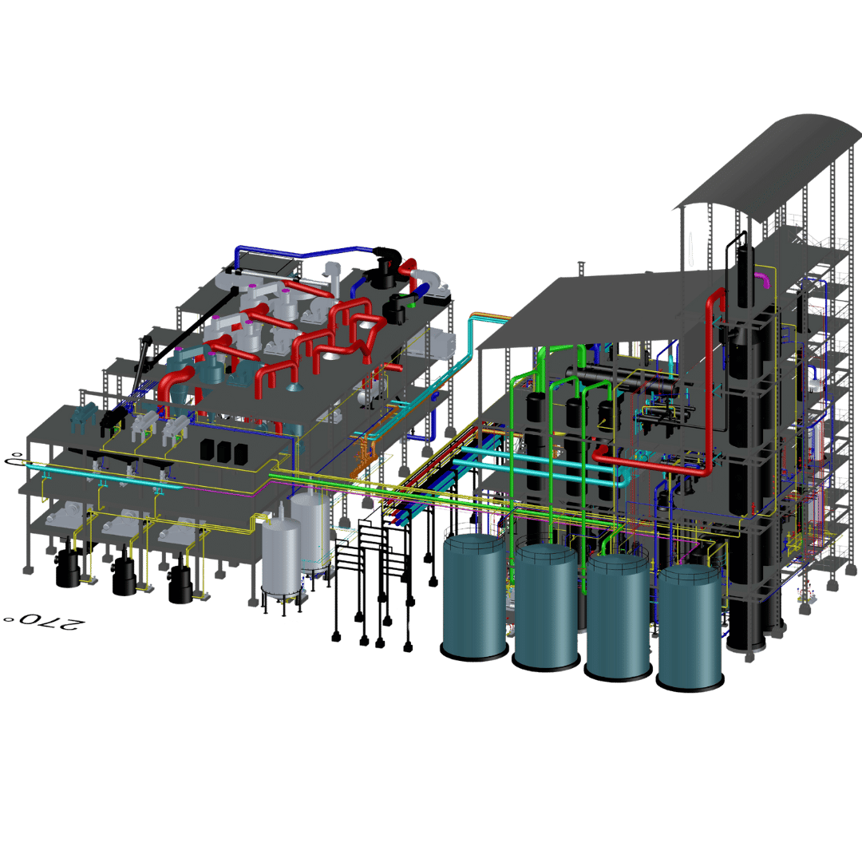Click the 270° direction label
click(45, 622)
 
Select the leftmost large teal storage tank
click(474, 596)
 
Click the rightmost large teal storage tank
click(690, 628)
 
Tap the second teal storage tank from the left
click(546, 606)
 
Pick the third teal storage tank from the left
click(618, 617)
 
